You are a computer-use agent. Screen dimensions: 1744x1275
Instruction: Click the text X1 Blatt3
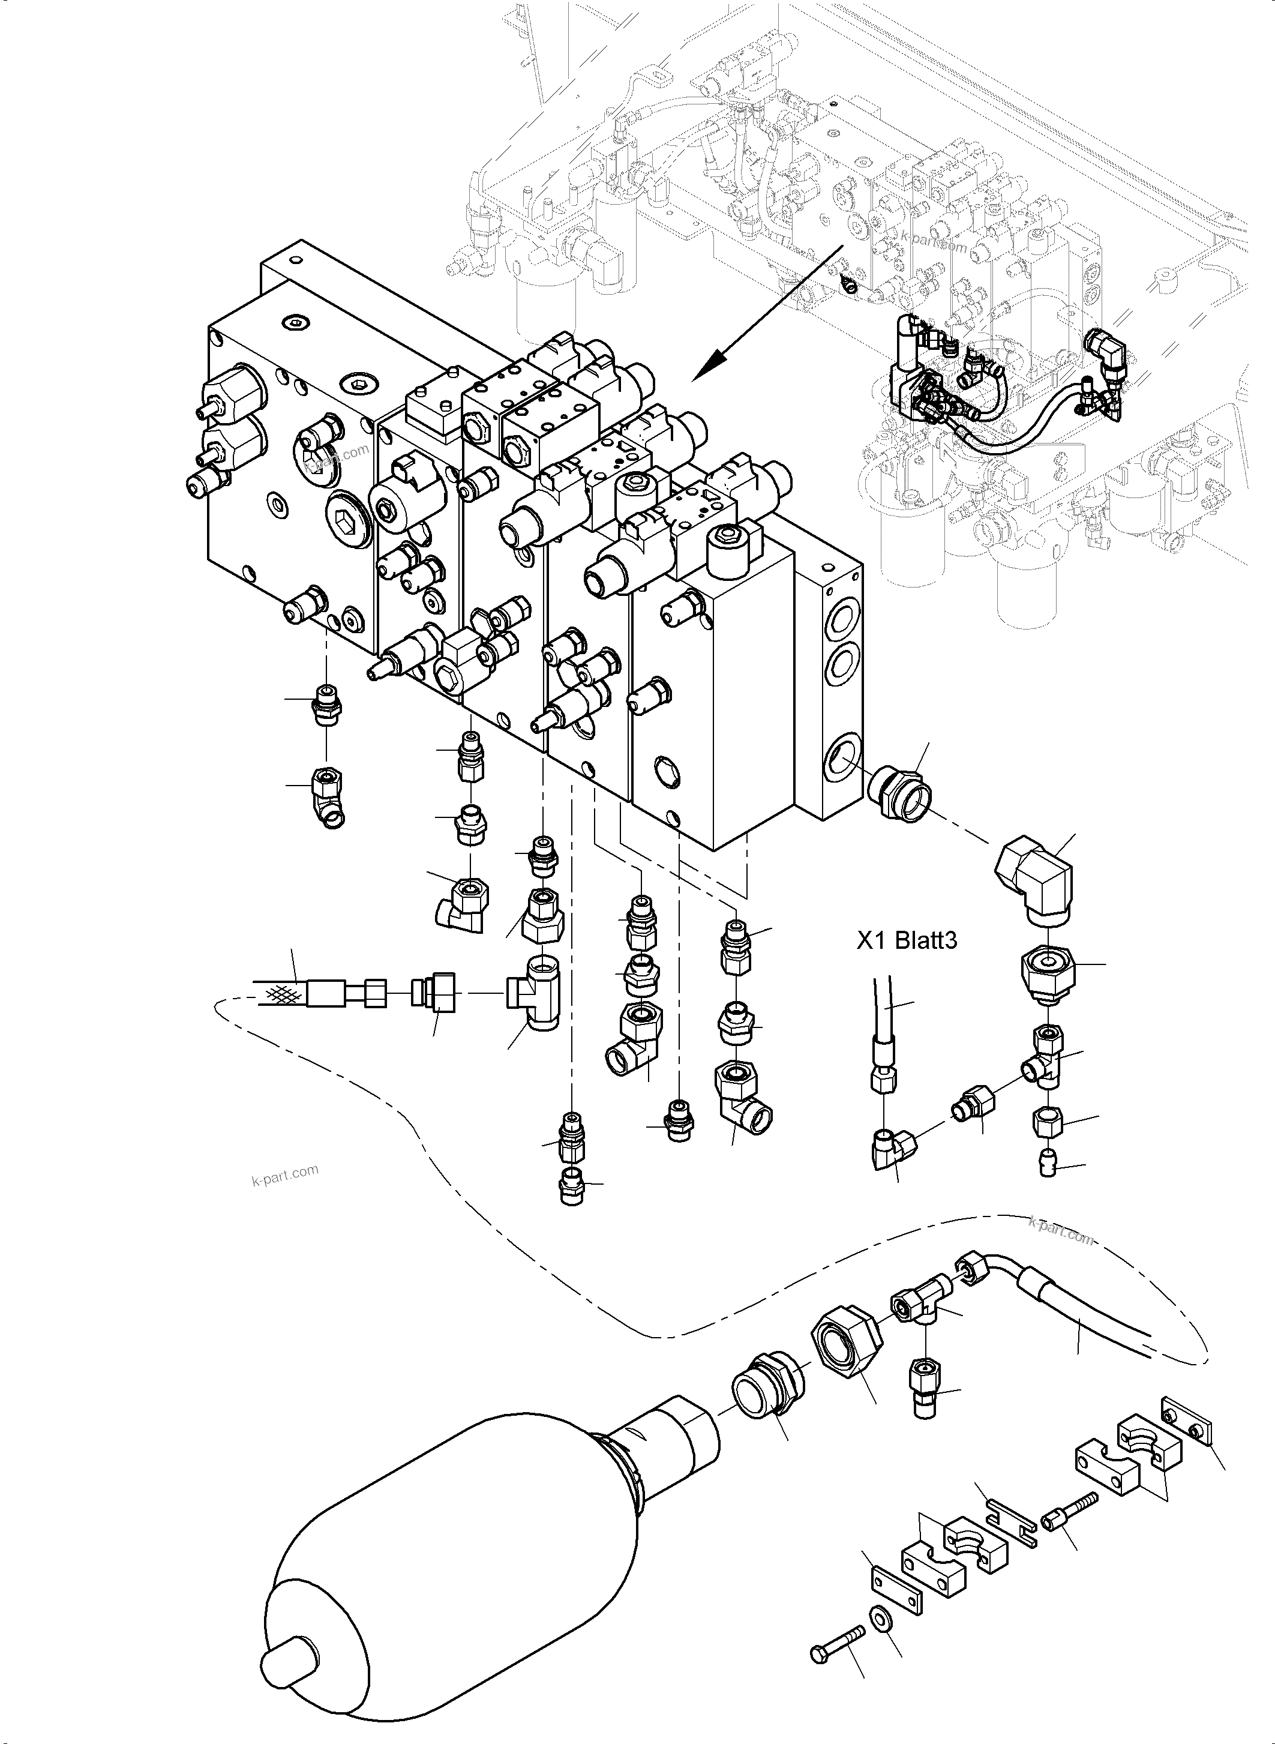[x=907, y=940]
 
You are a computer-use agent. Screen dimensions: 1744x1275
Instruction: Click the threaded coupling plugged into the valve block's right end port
[x=901, y=792]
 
